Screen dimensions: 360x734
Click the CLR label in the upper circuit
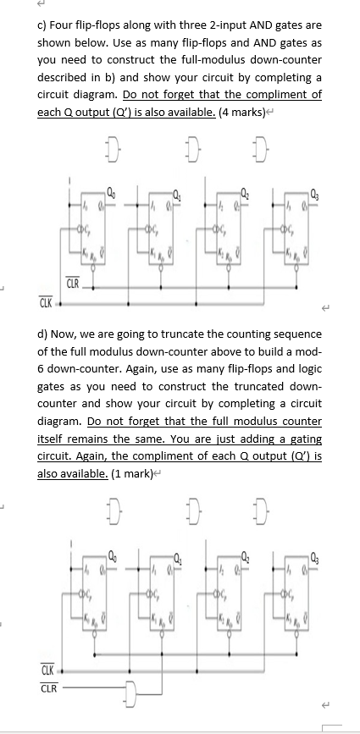click(74, 283)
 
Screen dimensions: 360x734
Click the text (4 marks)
click(290, 110)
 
